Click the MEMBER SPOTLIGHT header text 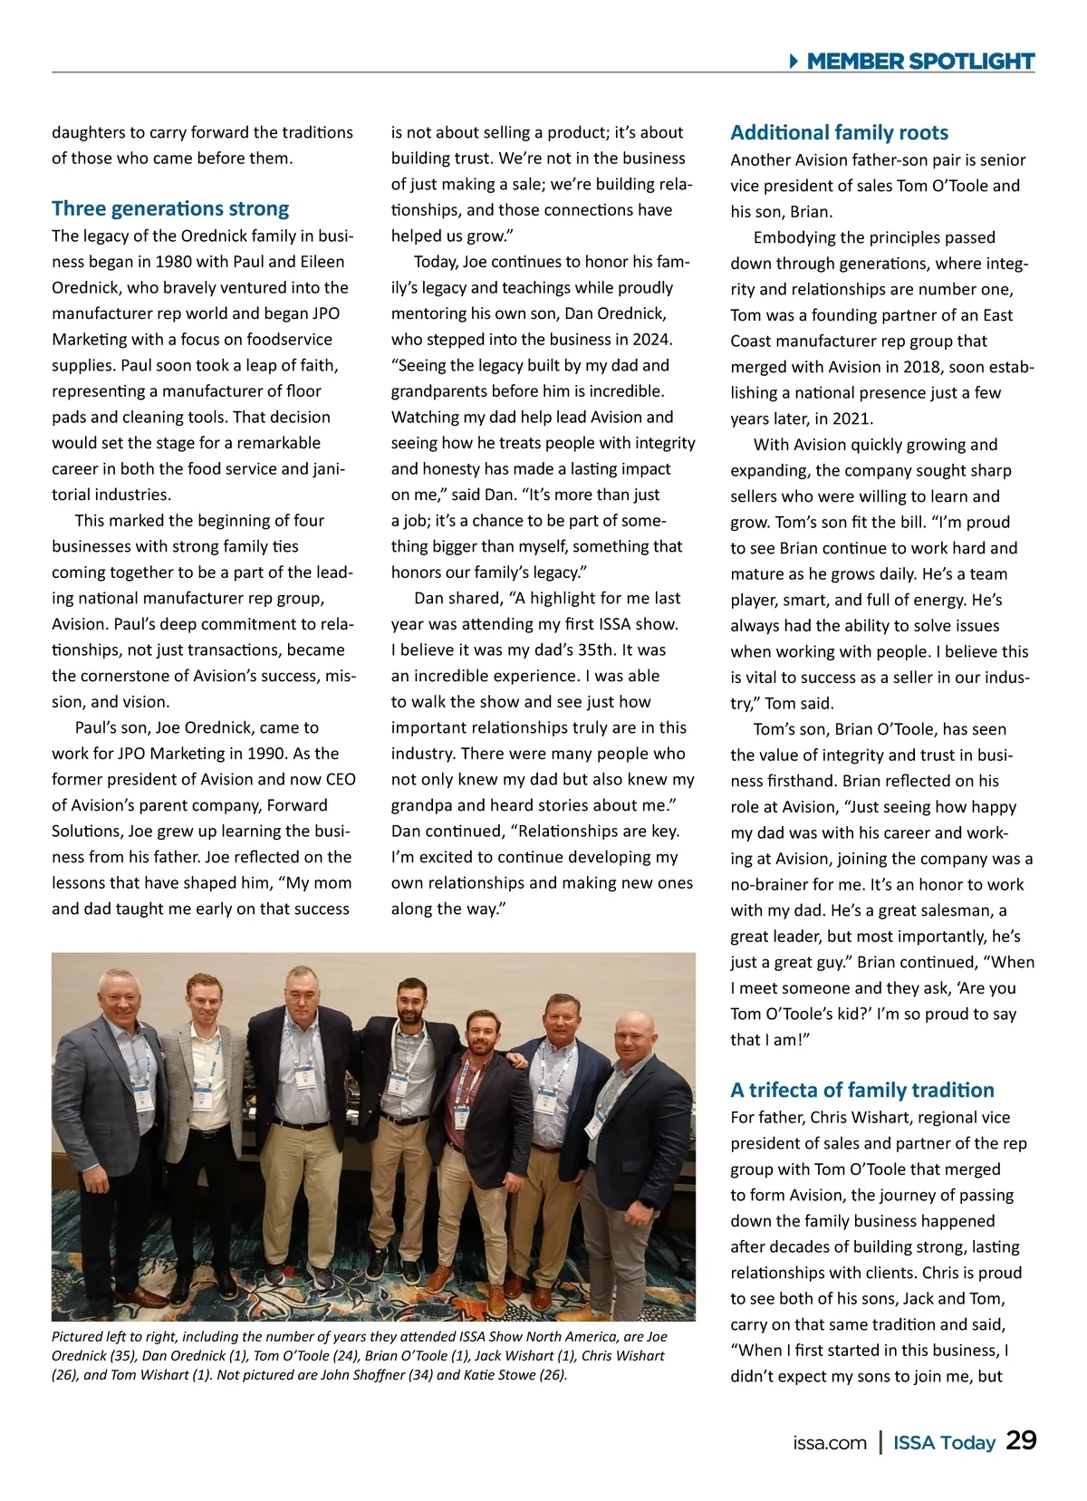point(920,61)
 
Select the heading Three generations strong point(170,208)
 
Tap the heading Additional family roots point(839,132)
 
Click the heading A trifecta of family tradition point(862,1090)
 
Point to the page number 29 point(1022,1441)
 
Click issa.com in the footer point(829,1443)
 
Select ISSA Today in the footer point(944,1443)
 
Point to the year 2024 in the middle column point(653,340)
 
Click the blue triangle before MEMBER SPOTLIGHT point(794,62)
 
